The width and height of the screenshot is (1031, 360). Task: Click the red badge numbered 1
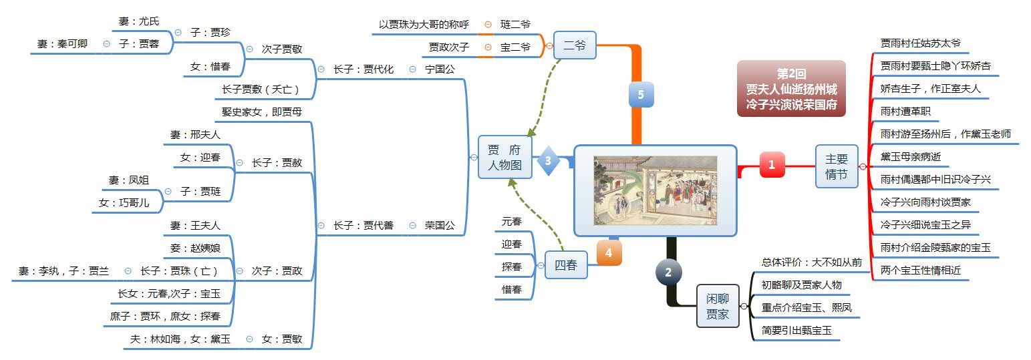point(772,164)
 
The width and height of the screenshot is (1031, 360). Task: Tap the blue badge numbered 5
point(641,95)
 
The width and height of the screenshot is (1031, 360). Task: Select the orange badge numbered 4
point(609,253)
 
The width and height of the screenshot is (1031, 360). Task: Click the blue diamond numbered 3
point(548,160)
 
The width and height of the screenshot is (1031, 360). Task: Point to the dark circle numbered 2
point(669,272)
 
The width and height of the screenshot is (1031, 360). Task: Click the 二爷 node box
point(575,45)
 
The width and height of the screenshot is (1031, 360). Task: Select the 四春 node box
point(566,265)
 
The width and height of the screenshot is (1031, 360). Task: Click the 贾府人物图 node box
point(505,157)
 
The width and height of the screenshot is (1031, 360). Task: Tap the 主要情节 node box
point(837,166)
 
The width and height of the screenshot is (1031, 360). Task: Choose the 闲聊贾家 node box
point(718,306)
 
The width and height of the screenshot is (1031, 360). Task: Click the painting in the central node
point(655,190)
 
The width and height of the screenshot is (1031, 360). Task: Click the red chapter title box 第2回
point(791,88)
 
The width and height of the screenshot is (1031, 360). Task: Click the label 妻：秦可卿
point(62,44)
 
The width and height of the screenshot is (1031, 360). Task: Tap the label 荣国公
point(440,225)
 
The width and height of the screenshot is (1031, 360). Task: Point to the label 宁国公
point(440,69)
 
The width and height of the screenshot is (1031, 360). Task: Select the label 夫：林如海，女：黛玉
point(180,339)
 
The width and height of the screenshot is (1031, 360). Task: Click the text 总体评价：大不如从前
point(811,262)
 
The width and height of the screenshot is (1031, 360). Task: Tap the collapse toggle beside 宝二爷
point(488,47)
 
